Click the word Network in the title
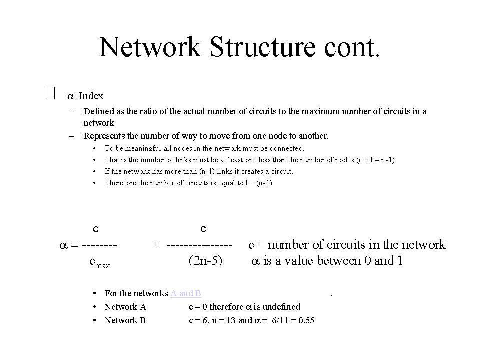[150, 47]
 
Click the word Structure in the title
[262, 47]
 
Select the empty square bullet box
[50, 93]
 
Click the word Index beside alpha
[91, 96]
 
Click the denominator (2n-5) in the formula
[205, 261]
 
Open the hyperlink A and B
[186, 293]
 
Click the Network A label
[125, 307]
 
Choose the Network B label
[125, 320]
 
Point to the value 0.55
[306, 320]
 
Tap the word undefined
[281, 307]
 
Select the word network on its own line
[99, 123]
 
